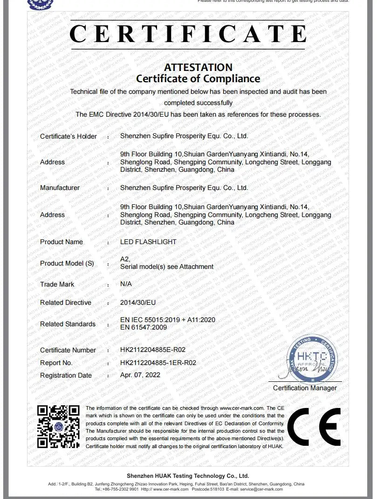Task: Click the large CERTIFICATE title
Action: pyautogui.click(x=188, y=34)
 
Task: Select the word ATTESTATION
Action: pyautogui.click(x=198, y=67)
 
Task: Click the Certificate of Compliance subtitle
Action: pyautogui.click(x=198, y=78)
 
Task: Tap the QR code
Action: pyautogui.click(x=58, y=426)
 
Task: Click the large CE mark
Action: pyautogui.click(x=314, y=427)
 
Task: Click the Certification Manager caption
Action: pyautogui.click(x=305, y=388)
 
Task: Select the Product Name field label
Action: pyautogui.click(x=62, y=242)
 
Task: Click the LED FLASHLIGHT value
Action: pyautogui.click(x=148, y=242)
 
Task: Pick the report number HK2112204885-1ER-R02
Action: pyautogui.click(x=158, y=363)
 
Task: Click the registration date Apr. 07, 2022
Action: pyautogui.click(x=140, y=375)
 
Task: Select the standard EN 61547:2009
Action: pyautogui.click(x=144, y=327)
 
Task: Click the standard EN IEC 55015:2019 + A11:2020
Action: pyautogui.click(x=168, y=320)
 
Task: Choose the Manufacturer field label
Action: pyautogui.click(x=60, y=188)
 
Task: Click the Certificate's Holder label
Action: pyautogui.click(x=69, y=136)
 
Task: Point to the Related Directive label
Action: pyautogui.click(x=66, y=302)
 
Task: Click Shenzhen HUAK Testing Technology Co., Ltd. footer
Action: pyautogui.click(x=188, y=476)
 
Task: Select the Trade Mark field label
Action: pyautogui.click(x=57, y=284)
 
